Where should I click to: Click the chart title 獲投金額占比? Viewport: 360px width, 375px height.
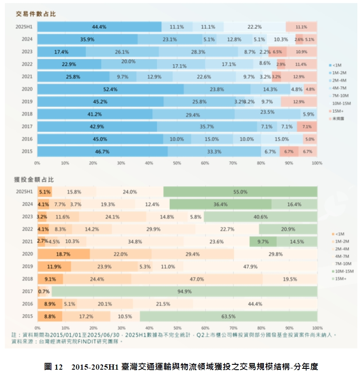34,180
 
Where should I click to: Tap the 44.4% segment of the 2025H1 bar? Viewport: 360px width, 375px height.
99,27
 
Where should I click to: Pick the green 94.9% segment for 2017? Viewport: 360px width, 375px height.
184,291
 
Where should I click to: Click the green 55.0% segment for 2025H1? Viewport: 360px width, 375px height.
240,192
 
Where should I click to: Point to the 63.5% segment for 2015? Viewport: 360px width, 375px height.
228,316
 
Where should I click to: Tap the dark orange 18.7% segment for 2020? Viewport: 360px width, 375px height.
63,254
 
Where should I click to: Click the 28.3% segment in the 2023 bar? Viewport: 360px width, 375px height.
198,52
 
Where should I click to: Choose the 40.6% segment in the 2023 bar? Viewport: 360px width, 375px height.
260,217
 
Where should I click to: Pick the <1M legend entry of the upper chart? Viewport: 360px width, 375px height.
337,65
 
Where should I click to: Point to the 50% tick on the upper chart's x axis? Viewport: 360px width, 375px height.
177,163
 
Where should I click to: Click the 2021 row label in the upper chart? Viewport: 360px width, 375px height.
27,77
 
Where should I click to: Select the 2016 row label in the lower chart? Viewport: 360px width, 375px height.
27,304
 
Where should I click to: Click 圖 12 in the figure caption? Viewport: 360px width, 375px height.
54,367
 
